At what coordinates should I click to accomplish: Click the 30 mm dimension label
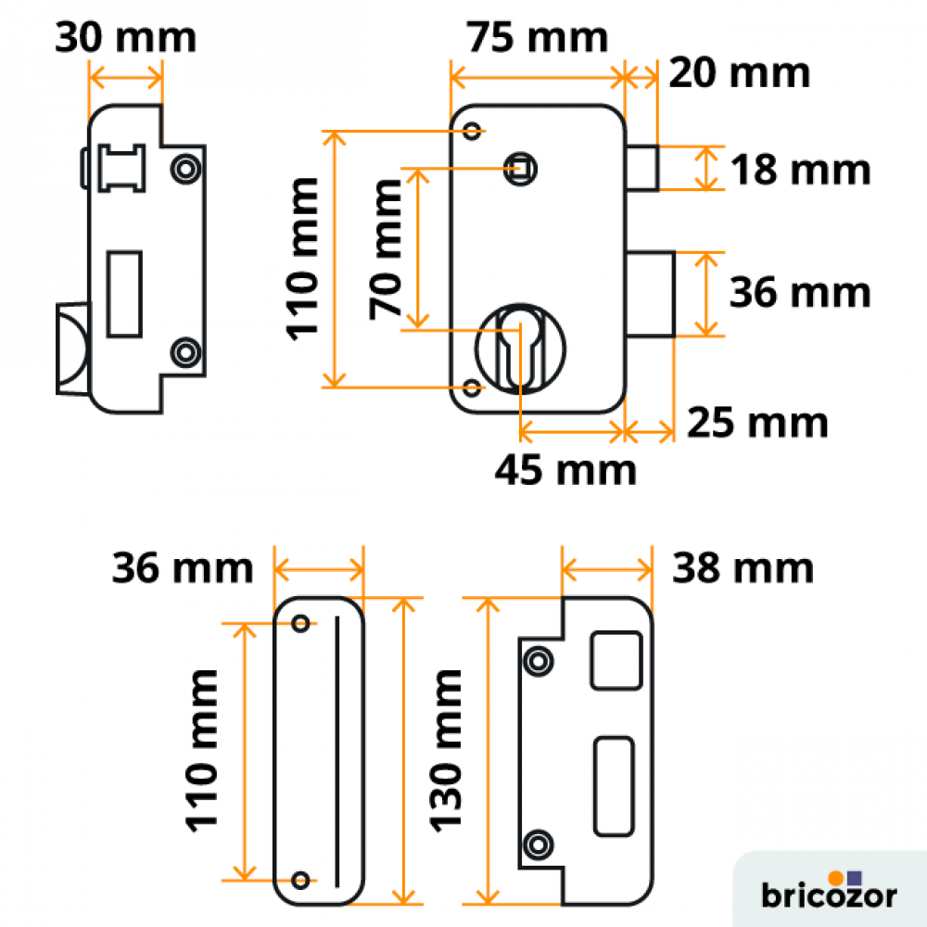[125, 37]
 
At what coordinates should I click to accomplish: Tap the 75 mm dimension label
[537, 37]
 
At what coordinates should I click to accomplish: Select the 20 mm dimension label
[739, 73]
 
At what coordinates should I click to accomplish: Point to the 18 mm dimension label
[801, 170]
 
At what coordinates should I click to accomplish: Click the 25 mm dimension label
[757, 423]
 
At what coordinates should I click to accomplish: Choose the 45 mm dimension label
[565, 471]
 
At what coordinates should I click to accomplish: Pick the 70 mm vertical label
[385, 248]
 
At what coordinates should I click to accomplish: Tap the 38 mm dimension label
[743, 568]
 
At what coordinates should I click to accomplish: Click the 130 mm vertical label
[445, 751]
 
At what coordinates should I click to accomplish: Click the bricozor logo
[829, 890]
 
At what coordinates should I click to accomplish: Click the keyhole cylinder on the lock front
[520, 349]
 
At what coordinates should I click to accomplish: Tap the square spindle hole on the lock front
[520, 169]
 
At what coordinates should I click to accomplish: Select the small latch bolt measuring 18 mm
[642, 168]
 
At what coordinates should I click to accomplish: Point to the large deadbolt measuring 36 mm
[651, 295]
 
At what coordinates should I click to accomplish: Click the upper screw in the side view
[185, 169]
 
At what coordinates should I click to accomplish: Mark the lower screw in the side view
[185, 353]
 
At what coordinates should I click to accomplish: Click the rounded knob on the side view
[72, 349]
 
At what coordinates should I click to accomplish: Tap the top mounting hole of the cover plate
[301, 623]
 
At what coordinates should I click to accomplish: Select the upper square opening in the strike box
[616, 660]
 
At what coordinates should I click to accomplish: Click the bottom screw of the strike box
[538, 844]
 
